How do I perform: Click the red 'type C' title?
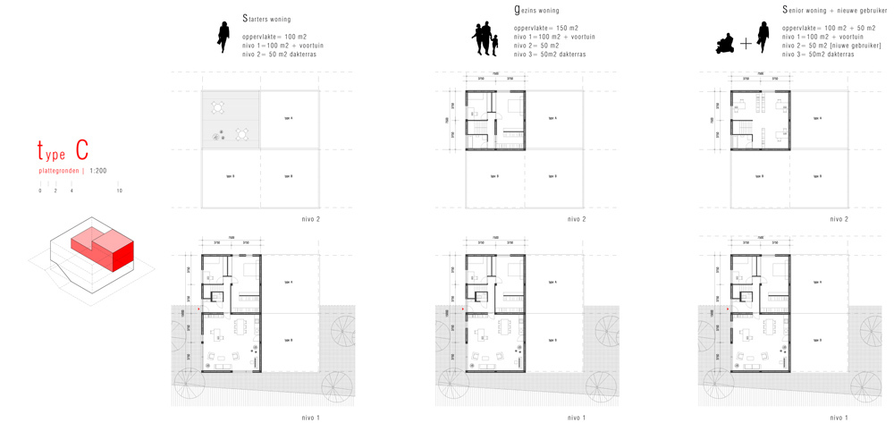tap(63, 150)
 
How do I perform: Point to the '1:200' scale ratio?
tap(97, 170)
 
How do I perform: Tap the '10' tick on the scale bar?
tap(119, 190)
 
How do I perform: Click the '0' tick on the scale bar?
tap(40, 190)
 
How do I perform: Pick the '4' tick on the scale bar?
tap(72, 190)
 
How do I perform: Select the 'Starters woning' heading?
tap(266, 18)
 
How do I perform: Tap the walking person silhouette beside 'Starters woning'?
tap(223, 38)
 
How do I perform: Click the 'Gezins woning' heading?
tap(536, 11)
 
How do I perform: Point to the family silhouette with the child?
tap(485, 40)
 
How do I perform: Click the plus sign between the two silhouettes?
tap(746, 43)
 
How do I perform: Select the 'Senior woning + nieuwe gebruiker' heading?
tap(834, 11)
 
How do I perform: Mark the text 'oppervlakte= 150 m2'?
tap(546, 29)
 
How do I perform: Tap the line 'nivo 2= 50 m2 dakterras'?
tap(279, 55)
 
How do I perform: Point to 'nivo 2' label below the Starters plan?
tap(311, 219)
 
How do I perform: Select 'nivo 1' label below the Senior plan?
tap(839, 418)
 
